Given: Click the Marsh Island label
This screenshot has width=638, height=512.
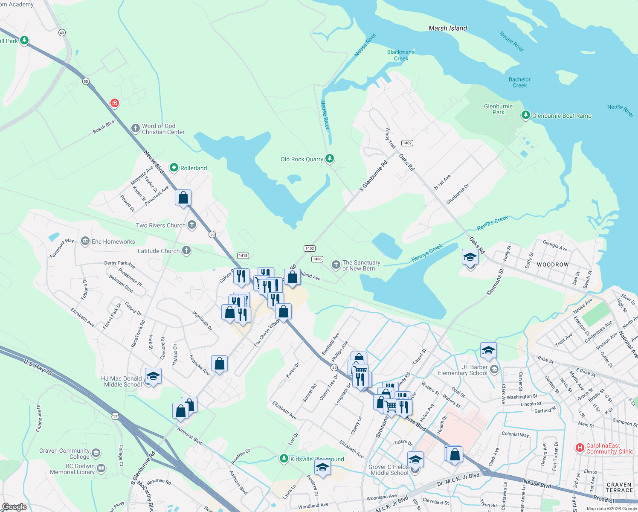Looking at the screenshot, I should click(x=448, y=28).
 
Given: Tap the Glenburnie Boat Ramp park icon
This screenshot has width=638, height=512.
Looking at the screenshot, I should click(x=526, y=115).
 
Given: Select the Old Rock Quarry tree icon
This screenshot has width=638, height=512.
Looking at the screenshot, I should click(x=329, y=159).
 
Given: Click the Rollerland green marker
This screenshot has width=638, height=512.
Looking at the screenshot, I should click(x=174, y=168).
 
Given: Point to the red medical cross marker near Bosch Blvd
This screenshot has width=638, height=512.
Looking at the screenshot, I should click(x=114, y=103).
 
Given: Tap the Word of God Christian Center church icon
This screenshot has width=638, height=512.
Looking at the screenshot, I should click(x=135, y=128).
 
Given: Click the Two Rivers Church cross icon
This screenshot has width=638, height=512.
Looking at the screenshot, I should click(x=192, y=225).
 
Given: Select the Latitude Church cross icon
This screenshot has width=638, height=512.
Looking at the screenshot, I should click(x=186, y=250).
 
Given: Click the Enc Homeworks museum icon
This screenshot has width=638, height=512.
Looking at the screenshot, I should click(x=85, y=241).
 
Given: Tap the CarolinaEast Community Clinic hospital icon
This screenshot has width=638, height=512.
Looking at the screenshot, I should click(x=580, y=448).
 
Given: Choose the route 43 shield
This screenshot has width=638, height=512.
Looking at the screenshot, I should click(x=62, y=33).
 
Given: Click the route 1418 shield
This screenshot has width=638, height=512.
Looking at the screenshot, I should click(x=243, y=256).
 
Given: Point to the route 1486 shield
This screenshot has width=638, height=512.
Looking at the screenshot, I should click(x=317, y=259).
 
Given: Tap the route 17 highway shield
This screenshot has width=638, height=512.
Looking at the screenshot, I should click(x=115, y=416).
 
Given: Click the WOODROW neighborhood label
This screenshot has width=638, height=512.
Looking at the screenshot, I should click(x=553, y=265).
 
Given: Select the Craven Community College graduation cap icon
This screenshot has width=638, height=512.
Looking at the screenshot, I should click(x=96, y=453).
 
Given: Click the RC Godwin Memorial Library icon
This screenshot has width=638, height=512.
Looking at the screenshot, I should click(x=101, y=468).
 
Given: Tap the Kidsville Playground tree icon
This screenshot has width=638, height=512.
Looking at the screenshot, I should click(x=284, y=459).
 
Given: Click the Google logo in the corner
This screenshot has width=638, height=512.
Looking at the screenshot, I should click(x=14, y=507).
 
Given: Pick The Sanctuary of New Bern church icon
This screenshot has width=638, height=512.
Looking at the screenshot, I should click(x=336, y=265).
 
